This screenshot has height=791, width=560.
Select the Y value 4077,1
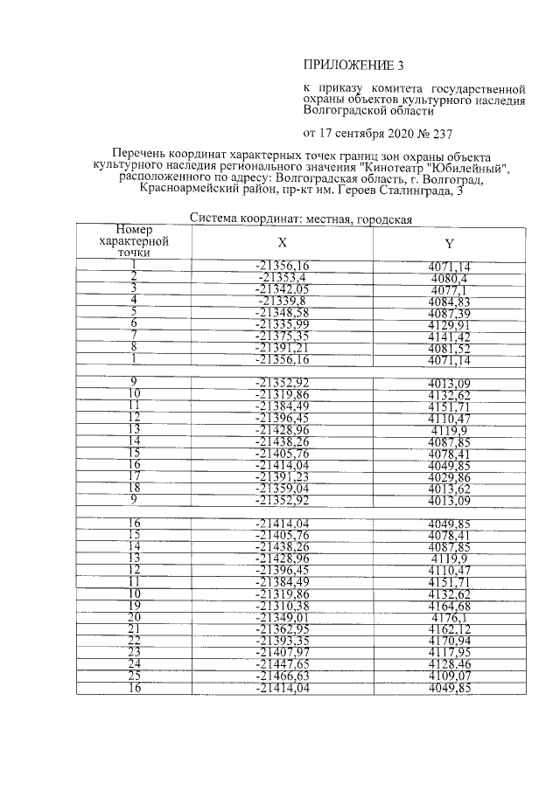click(x=450, y=289)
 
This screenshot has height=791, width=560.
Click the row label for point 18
click(x=135, y=487)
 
